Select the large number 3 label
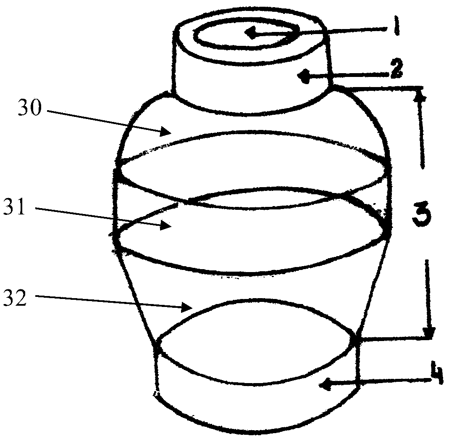[420, 213]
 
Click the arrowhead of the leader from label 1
[251, 33]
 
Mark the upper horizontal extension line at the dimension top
[378, 88]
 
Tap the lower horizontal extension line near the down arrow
[395, 337]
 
